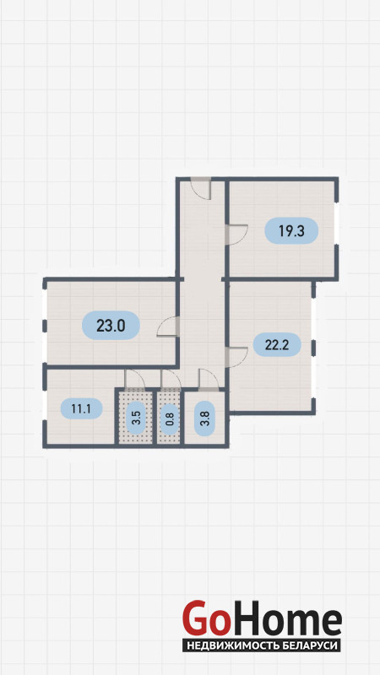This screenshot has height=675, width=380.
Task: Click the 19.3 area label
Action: tap(291, 230)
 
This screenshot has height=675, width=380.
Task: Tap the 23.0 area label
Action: tap(111, 326)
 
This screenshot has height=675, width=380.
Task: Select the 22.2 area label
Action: tap(276, 344)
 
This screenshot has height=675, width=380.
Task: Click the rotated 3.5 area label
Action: tap(137, 418)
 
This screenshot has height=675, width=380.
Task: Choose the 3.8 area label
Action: tap(204, 418)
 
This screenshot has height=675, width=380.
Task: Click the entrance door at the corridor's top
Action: tap(201, 188)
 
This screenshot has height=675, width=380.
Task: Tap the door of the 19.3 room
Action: tap(236, 235)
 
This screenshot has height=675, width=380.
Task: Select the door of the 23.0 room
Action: tap(167, 327)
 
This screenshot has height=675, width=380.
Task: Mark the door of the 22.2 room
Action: tap(236, 357)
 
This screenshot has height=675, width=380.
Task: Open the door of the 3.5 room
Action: tap(134, 379)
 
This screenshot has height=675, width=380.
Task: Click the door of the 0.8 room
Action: tap(171, 379)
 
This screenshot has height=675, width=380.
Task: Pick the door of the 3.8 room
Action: tap(209, 380)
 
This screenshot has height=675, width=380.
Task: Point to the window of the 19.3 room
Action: tap(336, 222)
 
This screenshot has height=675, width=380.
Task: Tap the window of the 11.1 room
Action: tap(45, 406)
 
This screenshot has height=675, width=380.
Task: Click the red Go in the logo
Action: tap(204, 619)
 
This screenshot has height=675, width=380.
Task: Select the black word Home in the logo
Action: tap(285, 618)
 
